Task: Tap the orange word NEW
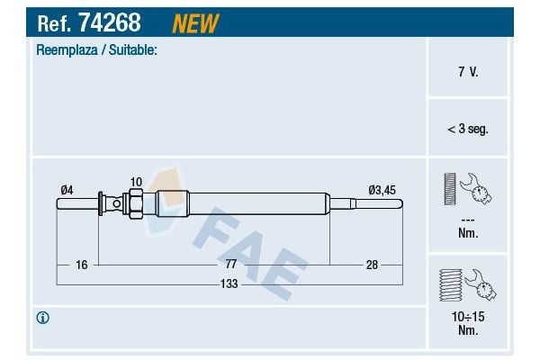195,22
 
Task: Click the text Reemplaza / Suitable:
96,50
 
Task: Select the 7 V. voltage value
467,69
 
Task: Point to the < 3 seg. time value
467,129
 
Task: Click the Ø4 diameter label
67,188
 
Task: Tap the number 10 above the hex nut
136,183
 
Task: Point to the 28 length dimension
372,265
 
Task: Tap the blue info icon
43,318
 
